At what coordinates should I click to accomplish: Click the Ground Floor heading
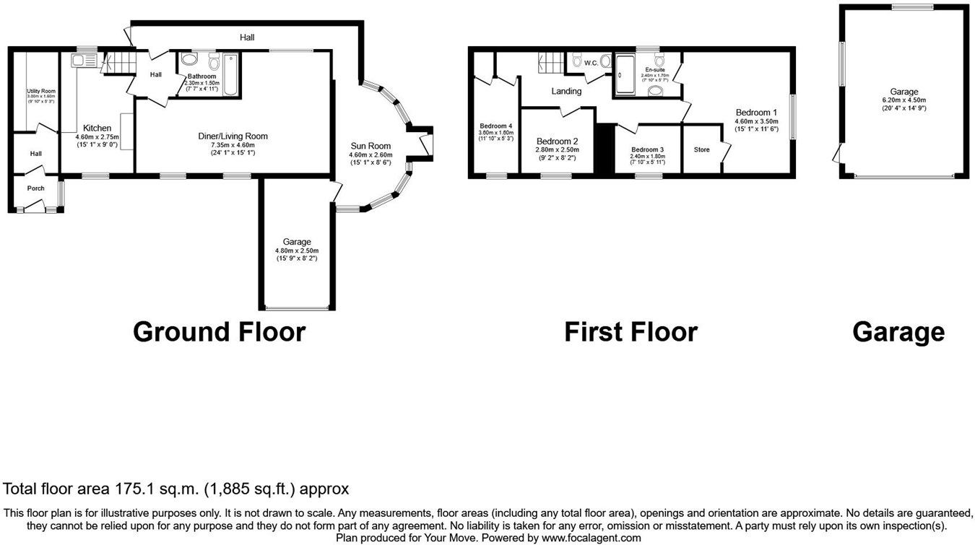point(220,332)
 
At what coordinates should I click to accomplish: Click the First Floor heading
point(630,332)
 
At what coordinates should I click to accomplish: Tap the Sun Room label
point(370,146)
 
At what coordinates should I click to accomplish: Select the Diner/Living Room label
point(233,136)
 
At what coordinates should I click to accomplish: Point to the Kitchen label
point(97,128)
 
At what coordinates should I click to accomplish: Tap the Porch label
point(35,188)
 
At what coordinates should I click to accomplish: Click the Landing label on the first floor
point(566,92)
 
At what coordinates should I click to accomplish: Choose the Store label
point(701,150)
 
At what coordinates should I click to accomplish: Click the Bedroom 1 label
point(756,113)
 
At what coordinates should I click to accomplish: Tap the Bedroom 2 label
point(558,141)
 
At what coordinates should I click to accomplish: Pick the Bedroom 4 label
point(495,126)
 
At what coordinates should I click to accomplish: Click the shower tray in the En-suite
point(623,74)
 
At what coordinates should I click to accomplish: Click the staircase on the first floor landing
point(550,63)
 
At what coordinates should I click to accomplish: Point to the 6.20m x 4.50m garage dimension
point(903,100)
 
